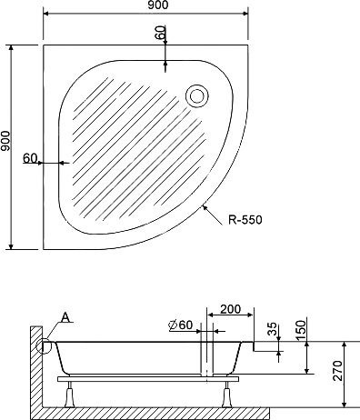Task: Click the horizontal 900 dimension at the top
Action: [x=158, y=5]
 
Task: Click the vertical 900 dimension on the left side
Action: [x=5, y=141]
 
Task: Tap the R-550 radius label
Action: [x=245, y=220]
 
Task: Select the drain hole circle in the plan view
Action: [x=197, y=96]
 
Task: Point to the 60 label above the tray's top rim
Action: [x=161, y=33]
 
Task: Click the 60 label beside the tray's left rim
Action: [x=30, y=158]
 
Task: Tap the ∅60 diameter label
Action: [x=180, y=325]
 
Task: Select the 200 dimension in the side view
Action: [x=230, y=309]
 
